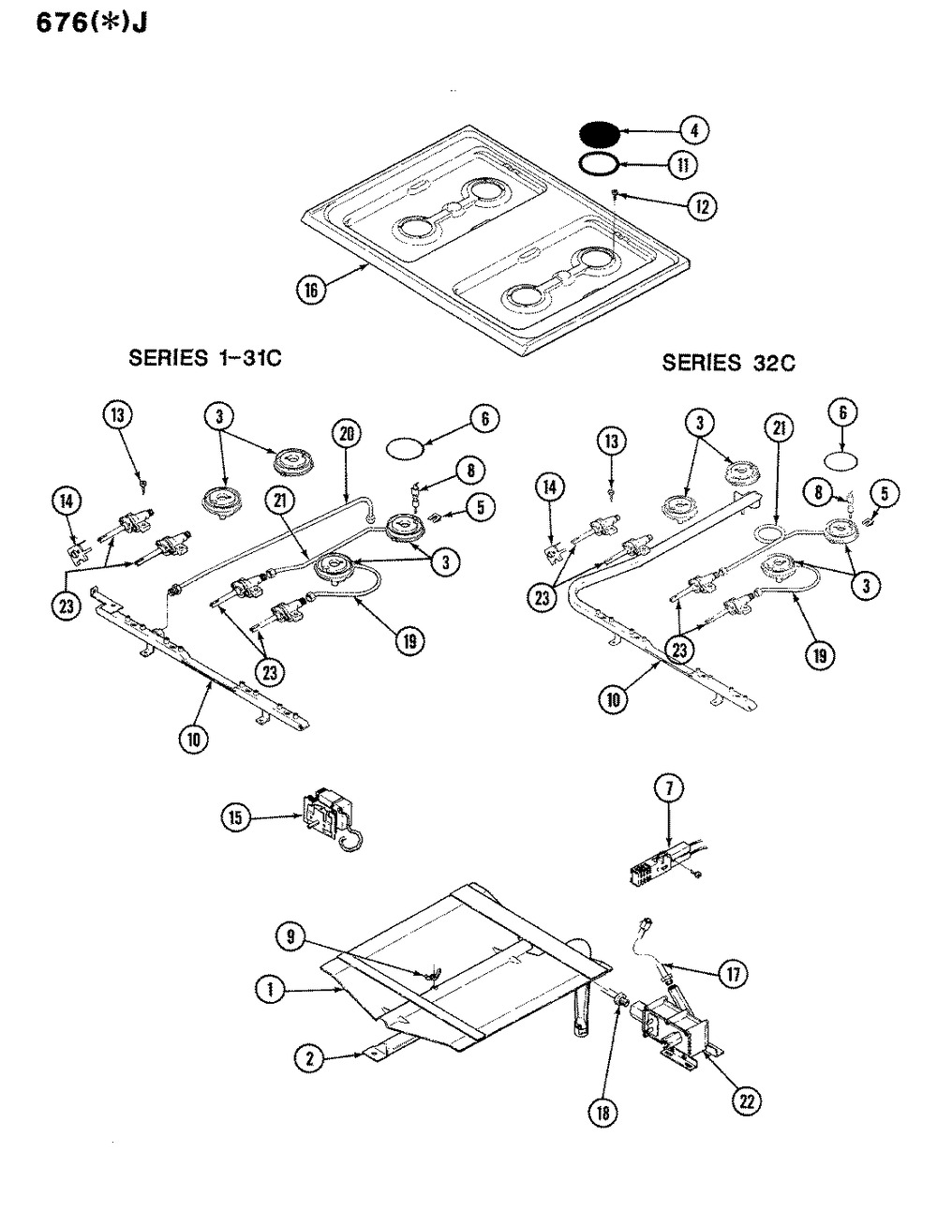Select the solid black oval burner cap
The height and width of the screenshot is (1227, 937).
[x=597, y=132]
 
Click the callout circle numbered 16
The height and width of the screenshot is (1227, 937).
[x=310, y=290]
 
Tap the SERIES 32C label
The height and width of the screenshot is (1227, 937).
[x=728, y=362]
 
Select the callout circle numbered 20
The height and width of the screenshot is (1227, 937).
[x=348, y=433]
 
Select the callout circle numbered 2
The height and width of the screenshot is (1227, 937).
[x=308, y=1059]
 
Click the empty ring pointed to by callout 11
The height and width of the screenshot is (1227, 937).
[x=597, y=163]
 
